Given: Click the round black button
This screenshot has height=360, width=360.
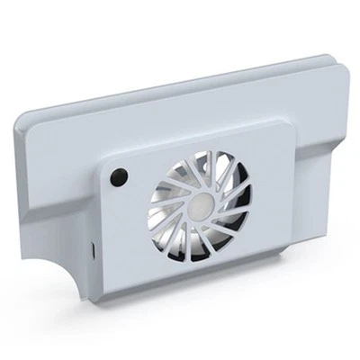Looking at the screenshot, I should pos(119,175).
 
